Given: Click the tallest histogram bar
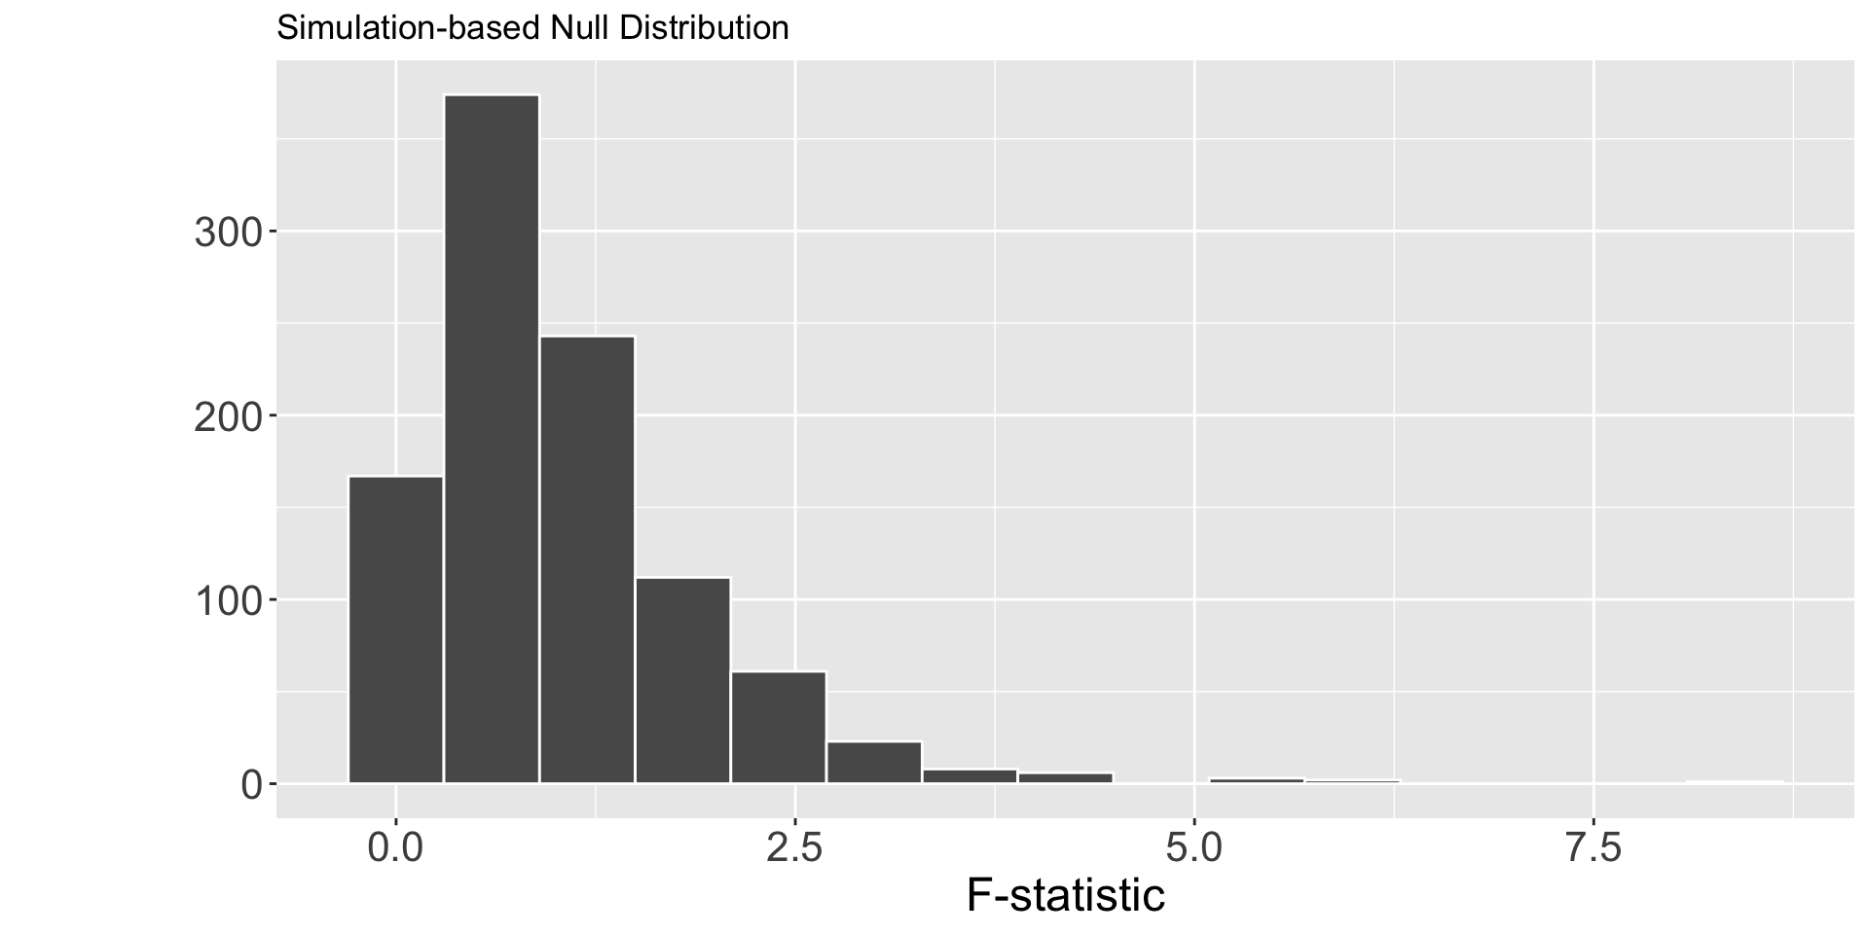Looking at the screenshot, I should (x=492, y=438).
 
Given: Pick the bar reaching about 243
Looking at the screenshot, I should (x=587, y=558).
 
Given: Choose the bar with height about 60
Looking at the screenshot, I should (x=778, y=727).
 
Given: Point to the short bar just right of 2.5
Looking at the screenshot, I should (x=874, y=762).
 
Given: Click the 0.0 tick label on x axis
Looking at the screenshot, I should (x=396, y=848).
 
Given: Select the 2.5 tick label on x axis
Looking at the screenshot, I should (x=795, y=848).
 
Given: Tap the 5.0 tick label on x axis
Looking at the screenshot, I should (x=1194, y=848).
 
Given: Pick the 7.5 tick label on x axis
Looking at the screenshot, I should (x=1594, y=848).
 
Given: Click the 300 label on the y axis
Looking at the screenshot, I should (x=228, y=233).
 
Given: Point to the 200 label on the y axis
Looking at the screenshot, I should (x=228, y=416).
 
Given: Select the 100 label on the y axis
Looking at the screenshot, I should (x=228, y=600).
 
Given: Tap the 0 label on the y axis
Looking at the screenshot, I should (x=251, y=784).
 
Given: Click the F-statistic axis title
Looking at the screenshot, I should (x=1065, y=895).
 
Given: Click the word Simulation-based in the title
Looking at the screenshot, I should (x=409, y=28).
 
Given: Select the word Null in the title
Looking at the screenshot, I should (x=580, y=28).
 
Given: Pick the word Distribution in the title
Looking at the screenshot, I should (x=704, y=28).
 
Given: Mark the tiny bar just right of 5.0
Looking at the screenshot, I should (x=1256, y=780).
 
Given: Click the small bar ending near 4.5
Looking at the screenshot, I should (x=1065, y=777).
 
